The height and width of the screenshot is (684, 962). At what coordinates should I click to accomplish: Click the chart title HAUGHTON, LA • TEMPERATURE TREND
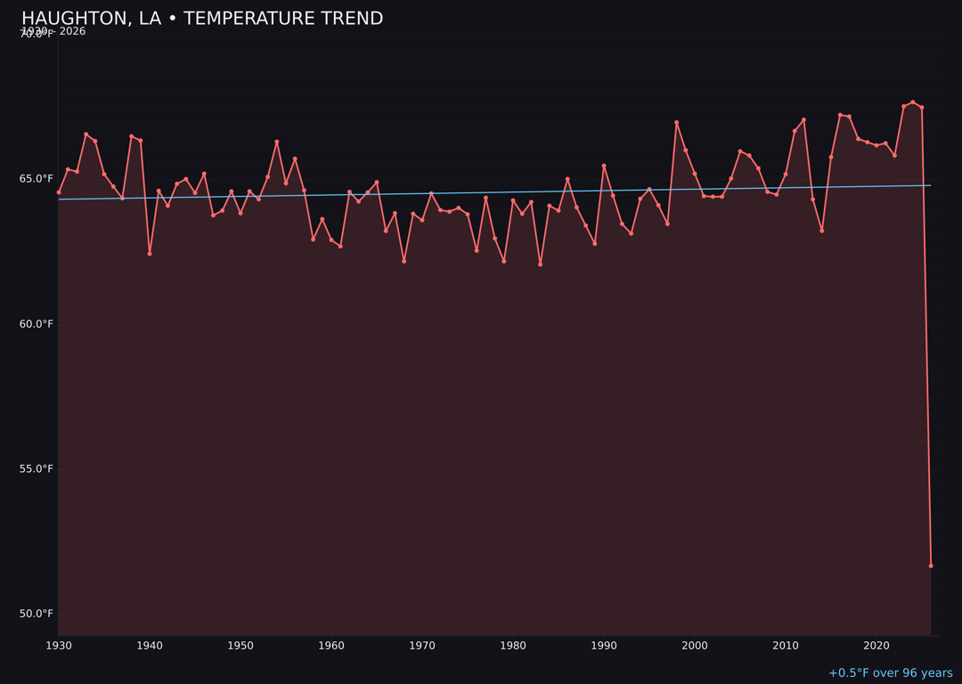coord(202,19)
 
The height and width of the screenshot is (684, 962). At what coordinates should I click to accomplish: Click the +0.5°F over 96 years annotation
coord(890,673)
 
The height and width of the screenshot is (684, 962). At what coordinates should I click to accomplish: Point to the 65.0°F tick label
coord(37,179)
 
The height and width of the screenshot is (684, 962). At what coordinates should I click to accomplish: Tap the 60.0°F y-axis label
coord(37,324)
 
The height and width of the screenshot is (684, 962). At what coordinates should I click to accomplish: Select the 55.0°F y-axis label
coord(37,469)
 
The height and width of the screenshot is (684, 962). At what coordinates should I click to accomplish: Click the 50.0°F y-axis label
coord(37,615)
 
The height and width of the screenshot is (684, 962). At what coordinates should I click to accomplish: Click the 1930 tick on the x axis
coord(59,646)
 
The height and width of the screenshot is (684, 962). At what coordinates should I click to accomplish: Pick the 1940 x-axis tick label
coord(150,646)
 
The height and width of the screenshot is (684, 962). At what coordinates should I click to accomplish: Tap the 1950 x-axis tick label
coord(240,646)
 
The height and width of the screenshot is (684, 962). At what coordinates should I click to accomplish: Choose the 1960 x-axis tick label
coord(331,646)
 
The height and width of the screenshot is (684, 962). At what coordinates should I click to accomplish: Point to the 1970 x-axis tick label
coord(422,646)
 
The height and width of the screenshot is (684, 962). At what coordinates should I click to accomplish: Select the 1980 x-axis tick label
coord(513,646)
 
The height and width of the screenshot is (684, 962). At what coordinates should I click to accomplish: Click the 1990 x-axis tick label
coord(604,646)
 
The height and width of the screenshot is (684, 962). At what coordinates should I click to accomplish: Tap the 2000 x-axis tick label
coord(695,646)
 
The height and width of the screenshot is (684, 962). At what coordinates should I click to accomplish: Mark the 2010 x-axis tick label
coord(786,646)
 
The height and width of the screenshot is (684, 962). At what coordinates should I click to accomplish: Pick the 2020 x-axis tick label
coord(876,646)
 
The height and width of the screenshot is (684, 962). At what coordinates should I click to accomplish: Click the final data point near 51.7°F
coord(931,566)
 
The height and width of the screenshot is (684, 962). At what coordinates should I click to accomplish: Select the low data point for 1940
coord(150,254)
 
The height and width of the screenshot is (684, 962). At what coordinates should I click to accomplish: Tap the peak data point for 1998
coord(676,122)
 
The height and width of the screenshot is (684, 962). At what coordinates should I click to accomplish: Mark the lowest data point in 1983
coord(540,265)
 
